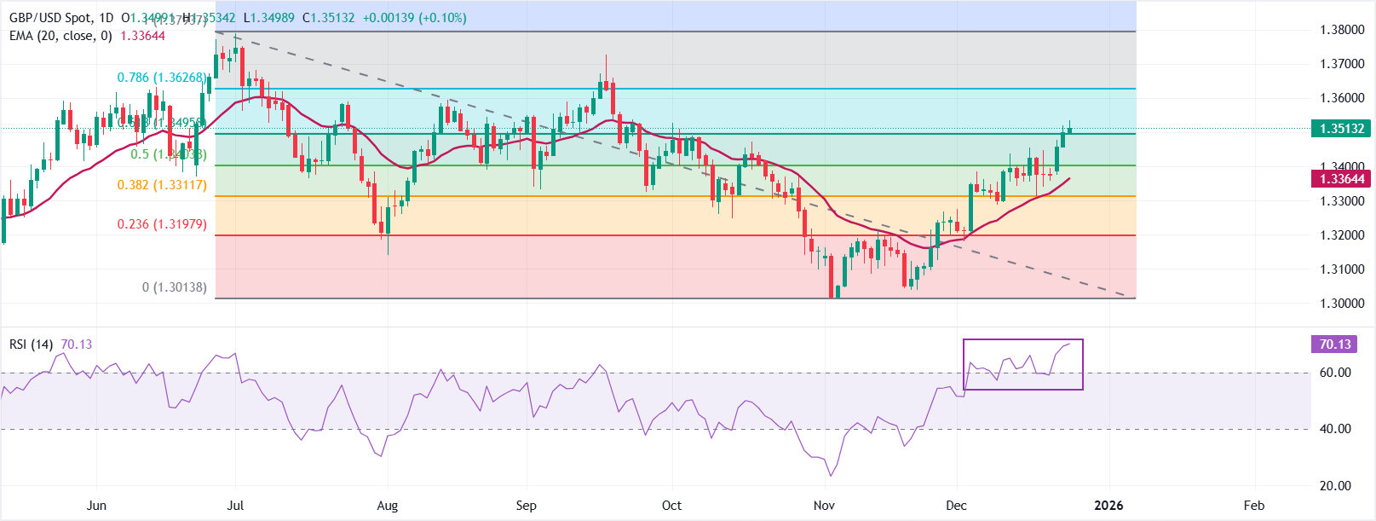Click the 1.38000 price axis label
1342,30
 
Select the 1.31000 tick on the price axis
1342,269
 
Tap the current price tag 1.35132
1342,129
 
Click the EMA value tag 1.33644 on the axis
1342,179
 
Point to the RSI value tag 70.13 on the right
1335,344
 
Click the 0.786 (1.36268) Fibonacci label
162,78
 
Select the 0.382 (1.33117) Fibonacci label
162,185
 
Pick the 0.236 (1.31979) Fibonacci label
162,224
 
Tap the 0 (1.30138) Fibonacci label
174,287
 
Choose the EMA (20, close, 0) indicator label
60,36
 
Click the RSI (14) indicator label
31,344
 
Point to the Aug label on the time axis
387,506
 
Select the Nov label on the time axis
824,506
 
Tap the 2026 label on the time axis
1108,506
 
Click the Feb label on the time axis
1253,506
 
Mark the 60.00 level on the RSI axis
1335,373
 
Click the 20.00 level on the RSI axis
1335,486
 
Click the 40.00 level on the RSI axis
1335,429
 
